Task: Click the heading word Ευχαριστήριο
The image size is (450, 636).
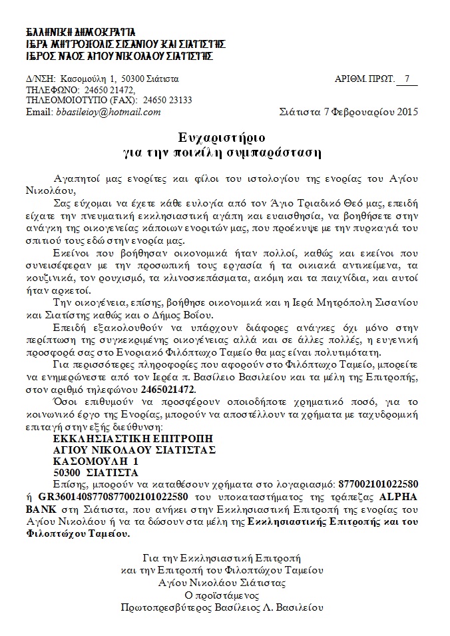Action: coord(222,139)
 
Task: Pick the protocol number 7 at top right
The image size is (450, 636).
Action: coord(407,79)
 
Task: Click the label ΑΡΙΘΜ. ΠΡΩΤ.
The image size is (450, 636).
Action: coord(363,79)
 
